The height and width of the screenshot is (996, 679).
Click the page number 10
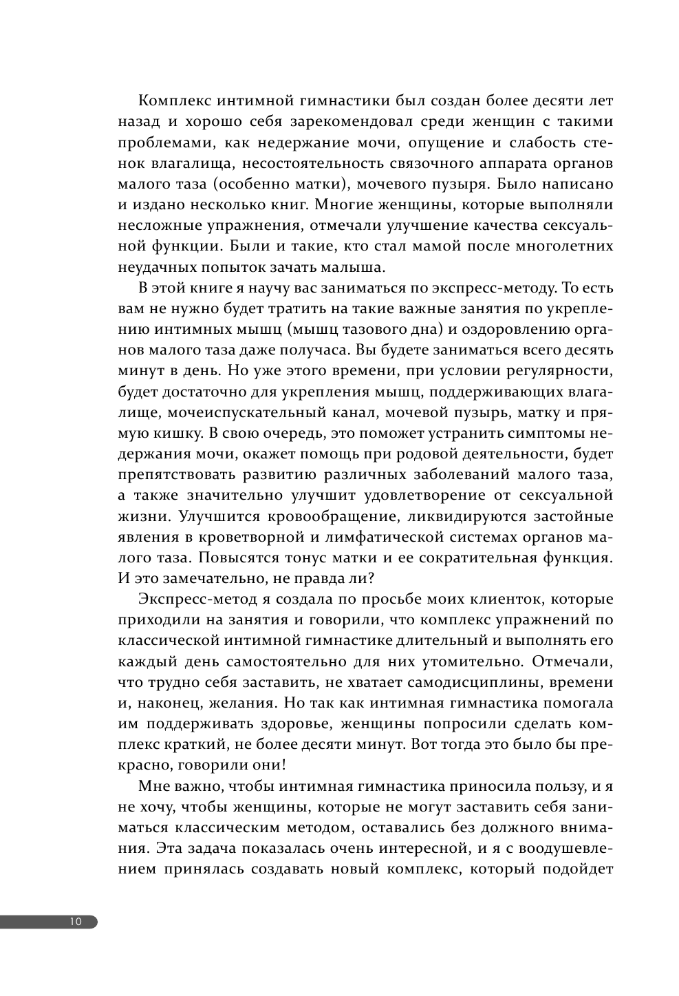(75, 922)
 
